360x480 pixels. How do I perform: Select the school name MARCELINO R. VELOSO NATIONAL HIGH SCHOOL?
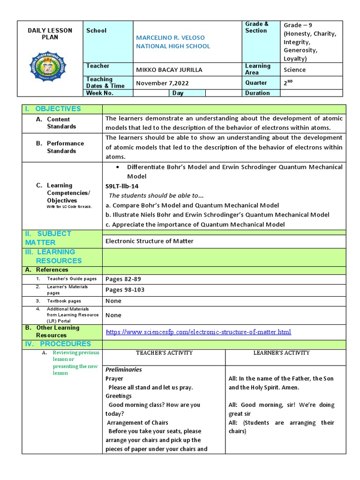click(173, 42)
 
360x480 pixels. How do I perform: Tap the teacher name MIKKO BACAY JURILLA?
click(169, 70)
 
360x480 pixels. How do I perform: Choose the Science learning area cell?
click(294, 70)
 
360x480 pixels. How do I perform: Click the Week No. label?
click(99, 93)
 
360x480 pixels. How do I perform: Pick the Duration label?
click(257, 93)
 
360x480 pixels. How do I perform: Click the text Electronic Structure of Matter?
click(150, 241)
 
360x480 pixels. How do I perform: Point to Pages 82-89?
click(123, 279)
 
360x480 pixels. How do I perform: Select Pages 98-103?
click(125, 290)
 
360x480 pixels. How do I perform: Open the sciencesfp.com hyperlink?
click(198, 332)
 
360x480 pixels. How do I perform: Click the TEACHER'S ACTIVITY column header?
click(164, 352)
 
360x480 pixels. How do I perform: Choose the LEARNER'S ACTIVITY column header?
click(285, 352)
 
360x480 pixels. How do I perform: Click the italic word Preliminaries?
click(124, 369)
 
